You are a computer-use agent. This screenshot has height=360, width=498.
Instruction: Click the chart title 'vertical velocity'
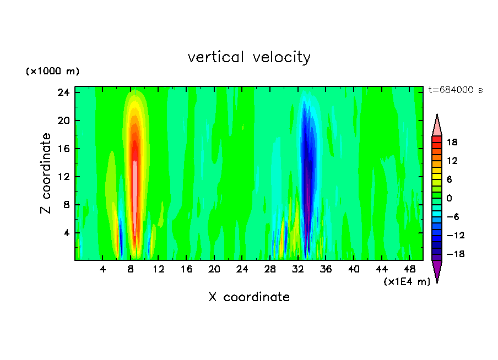[249, 57]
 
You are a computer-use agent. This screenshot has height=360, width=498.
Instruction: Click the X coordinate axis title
[249, 297]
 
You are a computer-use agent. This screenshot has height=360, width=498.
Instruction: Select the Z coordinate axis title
[46, 173]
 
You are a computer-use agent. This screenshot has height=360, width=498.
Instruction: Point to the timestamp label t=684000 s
[455, 90]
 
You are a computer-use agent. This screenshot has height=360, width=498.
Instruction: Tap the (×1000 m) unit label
[53, 72]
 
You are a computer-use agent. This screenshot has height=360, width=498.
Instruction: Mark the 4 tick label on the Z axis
[67, 233]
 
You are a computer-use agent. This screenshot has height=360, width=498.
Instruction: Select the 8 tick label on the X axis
[131, 269]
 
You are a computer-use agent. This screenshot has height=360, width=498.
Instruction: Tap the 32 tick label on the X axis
[298, 269]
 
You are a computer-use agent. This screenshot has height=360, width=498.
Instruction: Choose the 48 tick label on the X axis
[409, 269]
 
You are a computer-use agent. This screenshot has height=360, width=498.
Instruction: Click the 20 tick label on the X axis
[214, 269]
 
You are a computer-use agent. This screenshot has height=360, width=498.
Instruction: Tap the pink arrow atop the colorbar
[437, 126]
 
